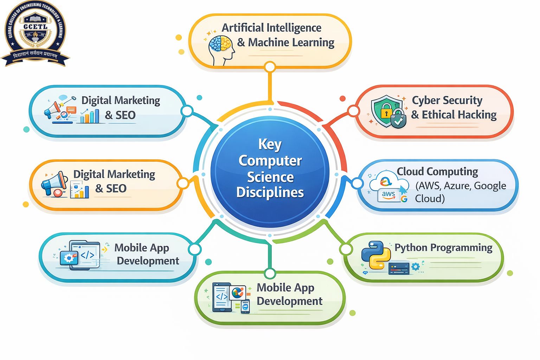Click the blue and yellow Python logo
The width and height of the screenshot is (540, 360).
point(375,255)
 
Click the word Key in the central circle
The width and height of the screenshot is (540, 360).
point(270,144)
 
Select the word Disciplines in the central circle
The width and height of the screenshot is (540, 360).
point(270,192)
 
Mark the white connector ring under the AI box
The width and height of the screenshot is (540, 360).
point(270,67)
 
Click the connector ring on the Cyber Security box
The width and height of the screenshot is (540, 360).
point(353,111)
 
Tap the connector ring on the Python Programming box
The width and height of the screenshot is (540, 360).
point(346,249)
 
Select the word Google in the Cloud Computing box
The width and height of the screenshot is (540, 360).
point(490,185)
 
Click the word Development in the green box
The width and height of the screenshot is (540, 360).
point(289,301)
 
